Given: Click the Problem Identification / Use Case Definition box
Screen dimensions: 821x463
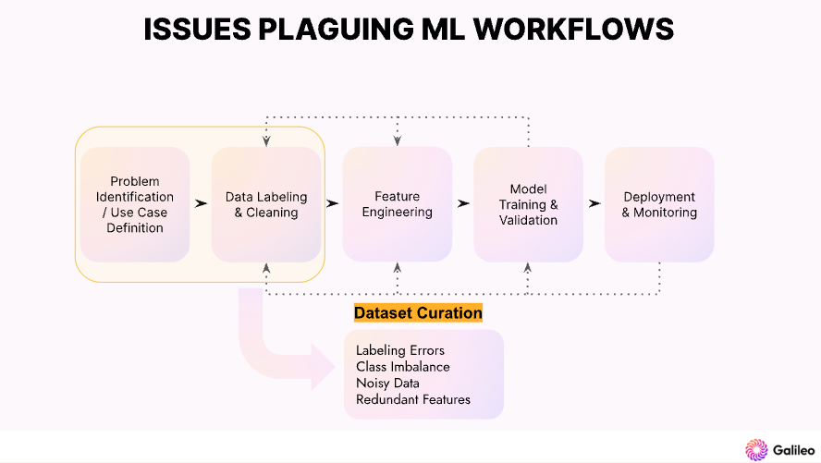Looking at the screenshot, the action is click(135, 204).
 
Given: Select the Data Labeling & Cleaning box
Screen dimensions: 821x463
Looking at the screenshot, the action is click(266, 204).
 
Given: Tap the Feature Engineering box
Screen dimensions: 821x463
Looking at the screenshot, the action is click(398, 204).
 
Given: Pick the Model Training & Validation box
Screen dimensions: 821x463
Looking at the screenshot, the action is click(528, 204).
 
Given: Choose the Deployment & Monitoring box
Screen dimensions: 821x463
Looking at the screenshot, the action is click(659, 204).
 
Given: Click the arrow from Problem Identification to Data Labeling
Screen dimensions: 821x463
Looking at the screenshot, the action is click(201, 203).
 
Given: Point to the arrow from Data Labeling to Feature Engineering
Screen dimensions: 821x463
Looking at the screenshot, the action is click(332, 203).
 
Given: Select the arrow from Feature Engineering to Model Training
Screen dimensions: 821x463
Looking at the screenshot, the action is click(463, 203).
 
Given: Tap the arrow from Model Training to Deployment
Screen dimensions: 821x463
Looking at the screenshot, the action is click(594, 203).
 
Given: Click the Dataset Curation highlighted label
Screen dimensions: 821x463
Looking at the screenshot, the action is click(418, 313).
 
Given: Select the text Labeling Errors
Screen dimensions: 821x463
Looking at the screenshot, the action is click(400, 350).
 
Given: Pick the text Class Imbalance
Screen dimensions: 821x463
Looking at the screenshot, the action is click(403, 367).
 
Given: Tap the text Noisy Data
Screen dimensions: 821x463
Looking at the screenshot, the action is click(387, 384).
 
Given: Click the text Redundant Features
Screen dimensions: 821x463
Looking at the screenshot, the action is click(413, 400).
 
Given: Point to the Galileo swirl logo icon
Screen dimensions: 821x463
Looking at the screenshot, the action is click(756, 449).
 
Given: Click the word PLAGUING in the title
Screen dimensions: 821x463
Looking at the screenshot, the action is click(336, 30).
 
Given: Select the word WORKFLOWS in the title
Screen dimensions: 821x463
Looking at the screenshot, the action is click(573, 30).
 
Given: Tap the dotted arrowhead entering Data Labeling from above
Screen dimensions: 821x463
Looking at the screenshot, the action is click(266, 140).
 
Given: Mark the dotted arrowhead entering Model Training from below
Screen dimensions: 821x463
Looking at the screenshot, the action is click(528, 268).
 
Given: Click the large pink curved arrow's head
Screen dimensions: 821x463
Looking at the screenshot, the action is click(322, 367).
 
